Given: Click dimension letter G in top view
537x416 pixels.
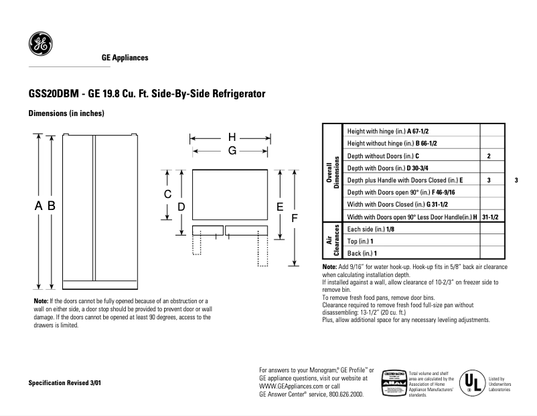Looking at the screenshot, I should (x=232, y=151).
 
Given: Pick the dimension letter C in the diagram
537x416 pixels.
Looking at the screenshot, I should (x=168, y=194).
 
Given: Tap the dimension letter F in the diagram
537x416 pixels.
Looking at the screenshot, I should (x=294, y=217).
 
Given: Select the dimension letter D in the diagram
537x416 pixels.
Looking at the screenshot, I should (x=181, y=207).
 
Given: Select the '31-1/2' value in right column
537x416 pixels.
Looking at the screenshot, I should (x=492, y=217).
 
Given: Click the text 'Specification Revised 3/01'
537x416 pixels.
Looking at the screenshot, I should (x=64, y=382).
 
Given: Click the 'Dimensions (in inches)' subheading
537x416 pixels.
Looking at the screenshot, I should (x=66, y=113).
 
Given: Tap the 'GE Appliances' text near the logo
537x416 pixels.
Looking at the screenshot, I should (x=125, y=58).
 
